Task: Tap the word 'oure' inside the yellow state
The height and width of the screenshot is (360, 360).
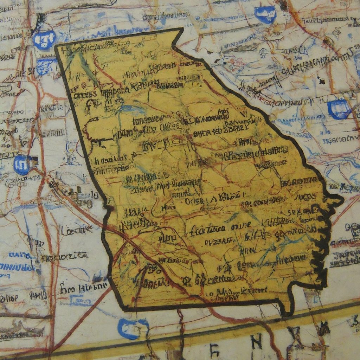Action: (x=241, y=225)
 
